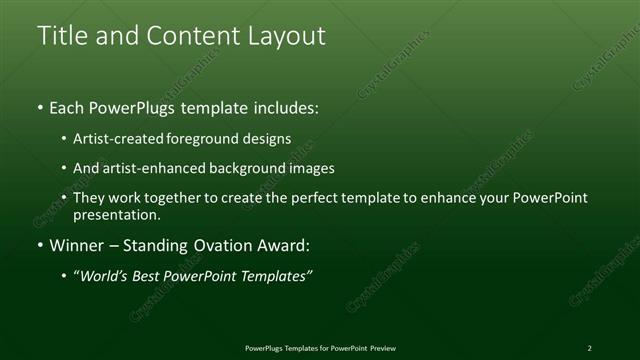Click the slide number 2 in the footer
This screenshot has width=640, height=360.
pyautogui.click(x=589, y=348)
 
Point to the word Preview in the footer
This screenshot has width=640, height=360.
pyautogui.click(x=379, y=348)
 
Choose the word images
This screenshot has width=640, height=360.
pyautogui.click(x=311, y=169)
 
